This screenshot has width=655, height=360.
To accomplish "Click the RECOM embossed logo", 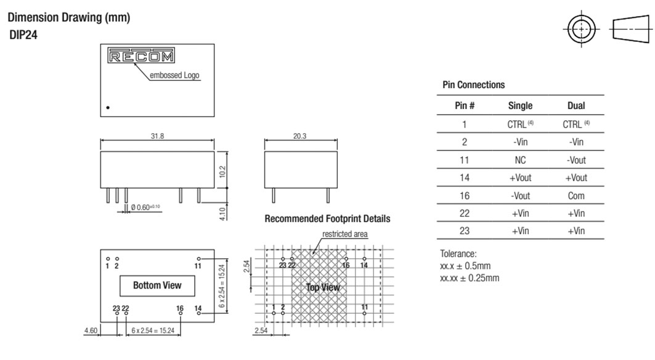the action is (140, 55).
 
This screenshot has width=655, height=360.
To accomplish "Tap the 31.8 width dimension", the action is (157, 136).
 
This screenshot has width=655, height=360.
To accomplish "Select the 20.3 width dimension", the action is (299, 136).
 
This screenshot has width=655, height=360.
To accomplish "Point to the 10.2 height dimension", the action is (222, 171).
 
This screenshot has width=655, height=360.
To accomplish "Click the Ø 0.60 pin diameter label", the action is (145, 207).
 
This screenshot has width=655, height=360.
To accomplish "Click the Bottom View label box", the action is (158, 285).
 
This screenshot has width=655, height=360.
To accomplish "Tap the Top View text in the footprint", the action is (322, 287).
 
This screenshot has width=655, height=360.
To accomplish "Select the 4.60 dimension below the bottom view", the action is (91, 331).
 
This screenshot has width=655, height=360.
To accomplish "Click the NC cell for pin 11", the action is (520, 160).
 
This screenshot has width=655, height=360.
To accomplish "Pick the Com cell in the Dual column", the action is (576, 195).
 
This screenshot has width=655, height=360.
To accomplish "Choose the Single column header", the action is (520, 106).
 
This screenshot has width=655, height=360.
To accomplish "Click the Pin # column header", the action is (465, 106).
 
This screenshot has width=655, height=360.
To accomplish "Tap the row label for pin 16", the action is (465, 195).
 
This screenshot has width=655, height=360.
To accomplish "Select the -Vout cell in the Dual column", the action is (576, 160).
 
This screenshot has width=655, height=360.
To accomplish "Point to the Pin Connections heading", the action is (474, 85).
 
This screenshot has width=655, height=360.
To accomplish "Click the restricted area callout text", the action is (345, 234).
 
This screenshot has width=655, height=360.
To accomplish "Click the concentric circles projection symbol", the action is (581, 29).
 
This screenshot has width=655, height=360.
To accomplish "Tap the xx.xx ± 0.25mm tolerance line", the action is (470, 278).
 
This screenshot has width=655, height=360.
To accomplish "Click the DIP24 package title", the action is (23, 35).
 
